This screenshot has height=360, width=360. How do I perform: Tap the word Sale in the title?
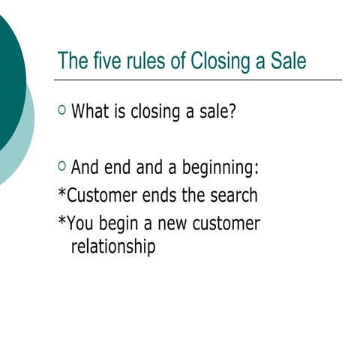pos(289,61)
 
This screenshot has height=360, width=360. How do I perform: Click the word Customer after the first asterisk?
pos(101,196)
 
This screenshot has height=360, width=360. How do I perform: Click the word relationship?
pos(113,247)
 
